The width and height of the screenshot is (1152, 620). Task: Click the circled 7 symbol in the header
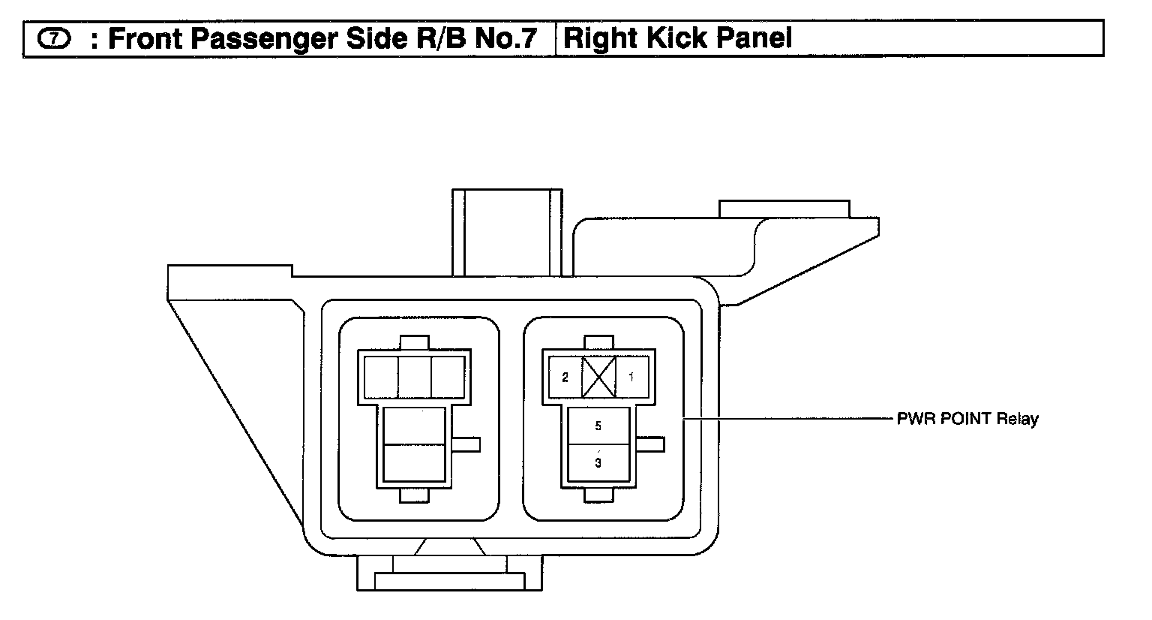pyautogui.click(x=53, y=39)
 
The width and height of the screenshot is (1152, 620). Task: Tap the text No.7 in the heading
pyautogui.click(x=506, y=39)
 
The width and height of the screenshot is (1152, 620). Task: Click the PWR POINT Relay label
pyautogui.click(x=967, y=419)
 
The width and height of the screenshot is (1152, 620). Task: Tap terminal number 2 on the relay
pyautogui.click(x=565, y=377)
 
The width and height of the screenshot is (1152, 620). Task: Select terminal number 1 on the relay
pyautogui.click(x=631, y=377)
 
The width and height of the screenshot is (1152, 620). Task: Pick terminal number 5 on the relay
pyautogui.click(x=598, y=426)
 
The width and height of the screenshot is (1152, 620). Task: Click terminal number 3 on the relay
pyautogui.click(x=598, y=462)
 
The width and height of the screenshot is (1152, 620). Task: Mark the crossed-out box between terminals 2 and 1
pyautogui.click(x=598, y=377)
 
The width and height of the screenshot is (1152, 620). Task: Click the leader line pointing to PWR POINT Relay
pyautogui.click(x=787, y=418)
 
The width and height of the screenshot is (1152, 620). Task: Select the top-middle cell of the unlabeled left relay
pyautogui.click(x=415, y=377)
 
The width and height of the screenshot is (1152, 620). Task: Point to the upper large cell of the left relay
pyautogui.click(x=414, y=426)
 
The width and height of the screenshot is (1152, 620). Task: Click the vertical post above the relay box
pyautogui.click(x=507, y=232)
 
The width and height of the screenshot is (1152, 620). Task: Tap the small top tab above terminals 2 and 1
pyautogui.click(x=598, y=343)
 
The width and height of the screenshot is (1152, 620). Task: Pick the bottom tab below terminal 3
pyautogui.click(x=598, y=495)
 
